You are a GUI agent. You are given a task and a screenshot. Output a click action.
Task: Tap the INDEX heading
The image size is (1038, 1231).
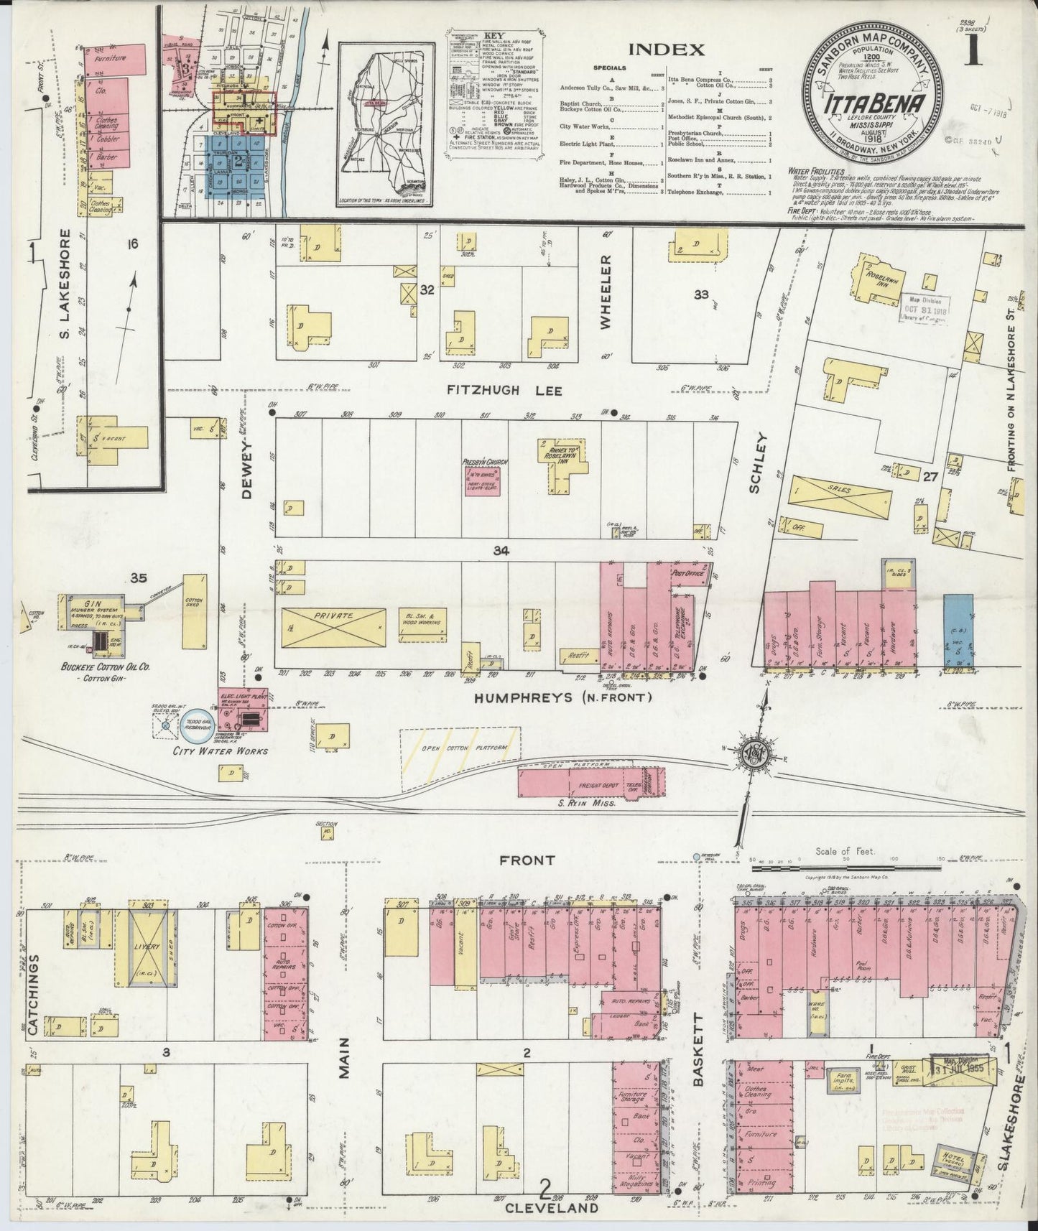click(666, 50)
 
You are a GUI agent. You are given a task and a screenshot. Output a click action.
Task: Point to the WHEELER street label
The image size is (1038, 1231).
click(606, 292)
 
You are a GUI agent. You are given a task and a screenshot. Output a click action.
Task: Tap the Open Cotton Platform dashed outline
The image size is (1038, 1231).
click(460, 748)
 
